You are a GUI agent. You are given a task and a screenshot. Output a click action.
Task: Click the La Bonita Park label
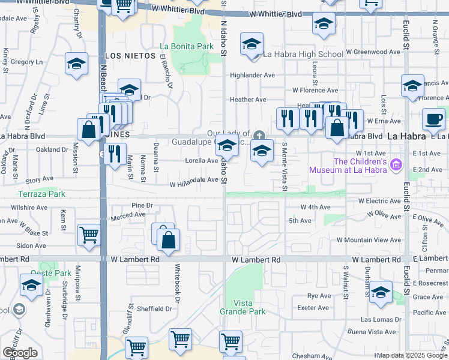tap(187, 46)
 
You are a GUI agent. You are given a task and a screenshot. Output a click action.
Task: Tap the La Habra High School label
tap(303, 54)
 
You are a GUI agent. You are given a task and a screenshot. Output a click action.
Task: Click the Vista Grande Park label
tap(250, 307)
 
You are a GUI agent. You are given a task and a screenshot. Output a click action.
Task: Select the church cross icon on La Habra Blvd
tap(259, 134)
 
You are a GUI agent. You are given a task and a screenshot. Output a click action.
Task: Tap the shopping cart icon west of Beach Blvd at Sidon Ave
tap(89, 235)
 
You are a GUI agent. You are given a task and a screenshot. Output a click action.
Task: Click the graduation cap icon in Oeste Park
tap(31, 284)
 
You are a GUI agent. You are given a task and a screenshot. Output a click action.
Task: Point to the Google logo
tap(20, 353)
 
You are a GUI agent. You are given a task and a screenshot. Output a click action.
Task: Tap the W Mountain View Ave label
tap(369, 239)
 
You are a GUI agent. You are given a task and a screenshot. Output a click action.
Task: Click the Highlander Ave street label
tap(252, 75)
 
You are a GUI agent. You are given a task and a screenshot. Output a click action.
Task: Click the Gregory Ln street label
tap(28, 62)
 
